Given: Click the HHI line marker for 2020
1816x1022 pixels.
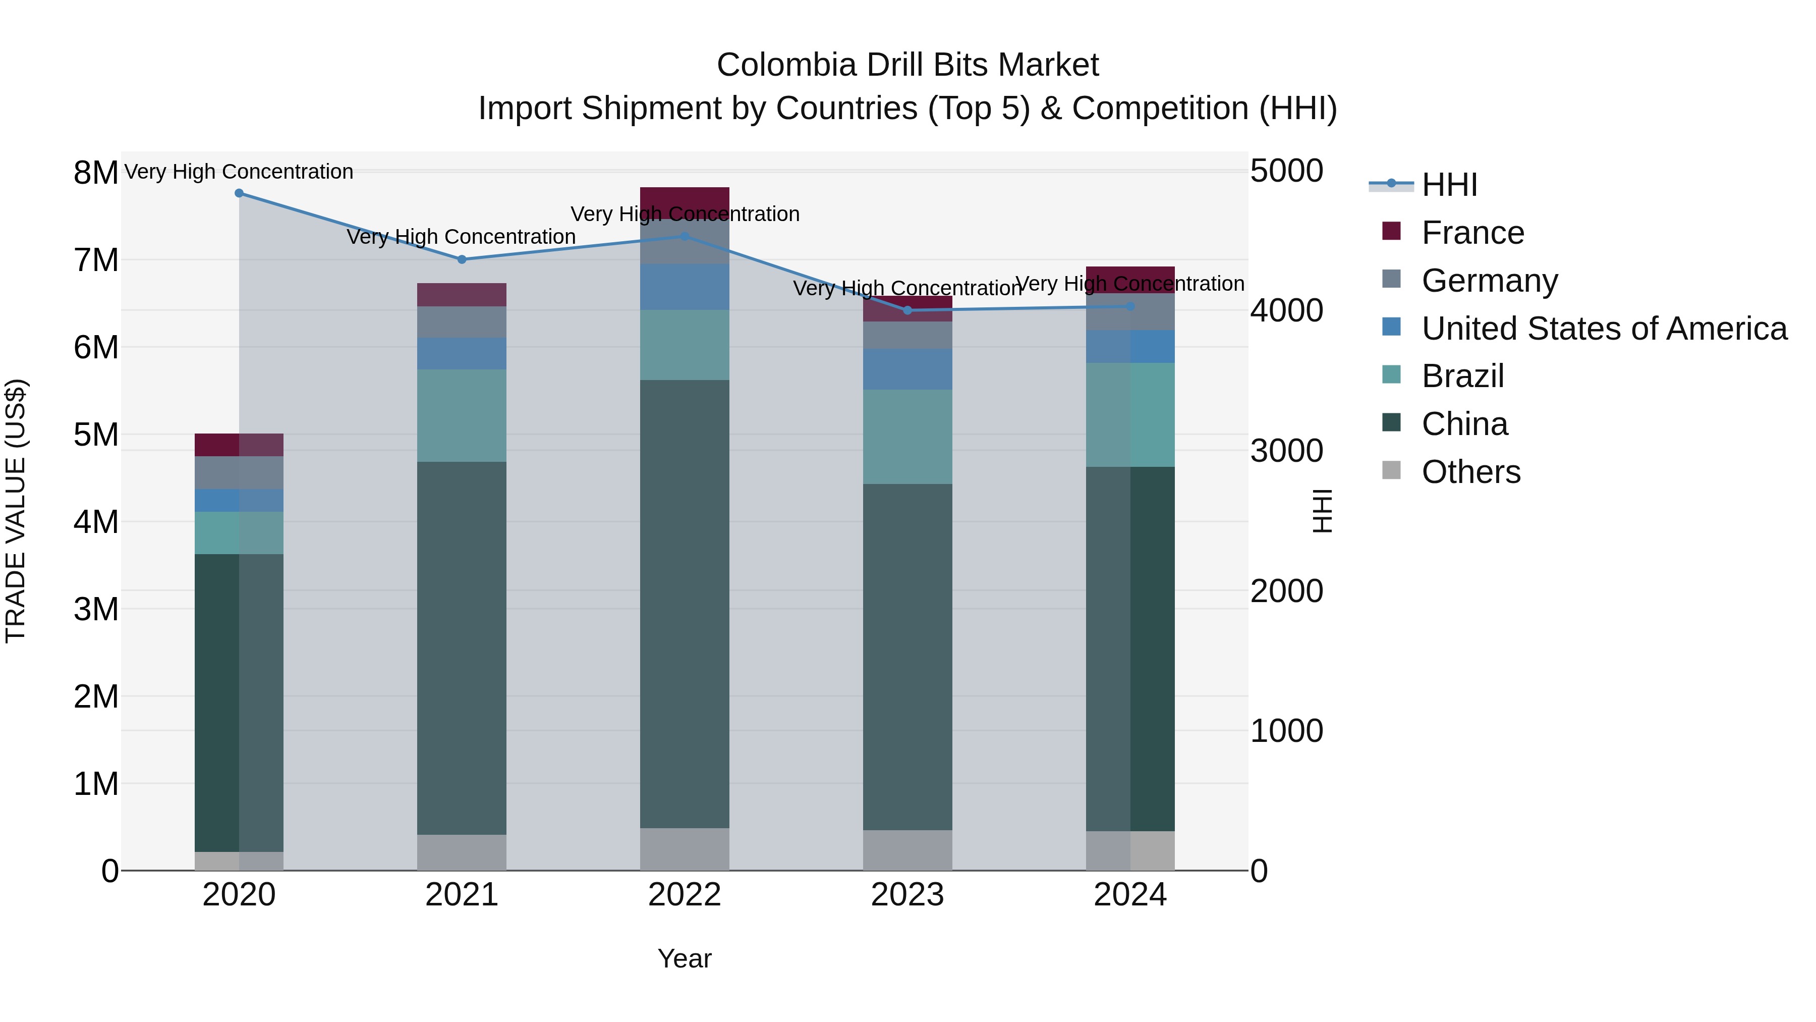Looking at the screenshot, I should [x=239, y=193].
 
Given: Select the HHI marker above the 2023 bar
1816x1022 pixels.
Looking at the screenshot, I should [x=907, y=310].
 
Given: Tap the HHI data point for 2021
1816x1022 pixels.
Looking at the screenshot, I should [x=462, y=259].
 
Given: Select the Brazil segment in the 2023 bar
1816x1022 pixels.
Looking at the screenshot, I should [x=907, y=437].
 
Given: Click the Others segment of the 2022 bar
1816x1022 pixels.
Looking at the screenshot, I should [x=685, y=849].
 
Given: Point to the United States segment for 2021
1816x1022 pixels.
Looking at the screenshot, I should [x=462, y=353].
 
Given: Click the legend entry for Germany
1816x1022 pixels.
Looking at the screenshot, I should [x=1489, y=281].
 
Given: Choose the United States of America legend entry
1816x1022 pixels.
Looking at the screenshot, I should [x=1604, y=329].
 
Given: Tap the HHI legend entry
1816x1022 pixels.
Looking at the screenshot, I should [x=1449, y=185].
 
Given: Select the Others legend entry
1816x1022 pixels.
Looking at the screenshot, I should [x=1470, y=472].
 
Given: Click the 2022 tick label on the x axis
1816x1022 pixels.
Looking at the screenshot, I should [x=685, y=895].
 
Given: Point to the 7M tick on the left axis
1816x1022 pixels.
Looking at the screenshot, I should [x=96, y=260].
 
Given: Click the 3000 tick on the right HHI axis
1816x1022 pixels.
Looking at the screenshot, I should [x=1286, y=451].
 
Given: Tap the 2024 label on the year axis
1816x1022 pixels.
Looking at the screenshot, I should [x=1130, y=895].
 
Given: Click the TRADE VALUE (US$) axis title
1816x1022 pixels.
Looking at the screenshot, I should [x=16, y=511].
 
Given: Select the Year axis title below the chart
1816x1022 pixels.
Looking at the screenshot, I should [x=685, y=958].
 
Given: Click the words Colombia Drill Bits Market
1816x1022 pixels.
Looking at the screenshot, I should [x=907, y=65].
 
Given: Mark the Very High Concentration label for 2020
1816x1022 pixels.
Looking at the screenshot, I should [x=239, y=172].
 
